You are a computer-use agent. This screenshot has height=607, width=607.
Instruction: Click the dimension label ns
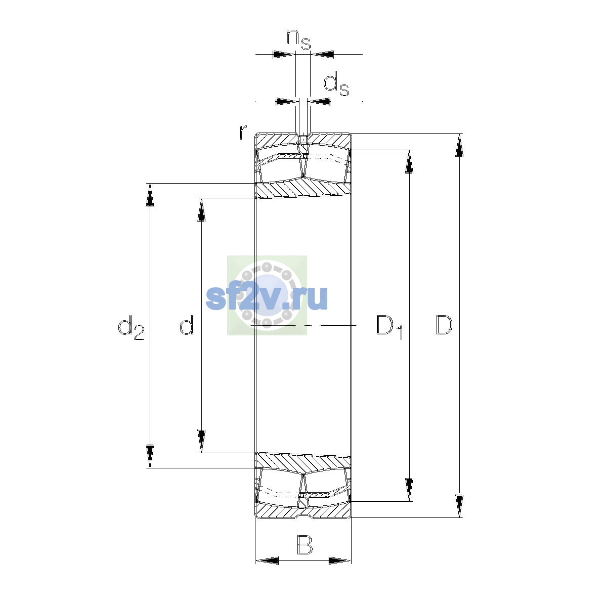coord(298,39)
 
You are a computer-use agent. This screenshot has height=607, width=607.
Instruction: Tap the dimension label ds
coord(336,83)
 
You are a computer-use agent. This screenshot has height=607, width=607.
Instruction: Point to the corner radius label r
coord(243,132)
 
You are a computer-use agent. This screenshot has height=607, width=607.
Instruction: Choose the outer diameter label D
coord(444,325)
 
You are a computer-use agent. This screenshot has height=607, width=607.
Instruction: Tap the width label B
coord(305,545)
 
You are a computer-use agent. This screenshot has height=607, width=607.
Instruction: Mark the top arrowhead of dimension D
coord(459,145)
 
